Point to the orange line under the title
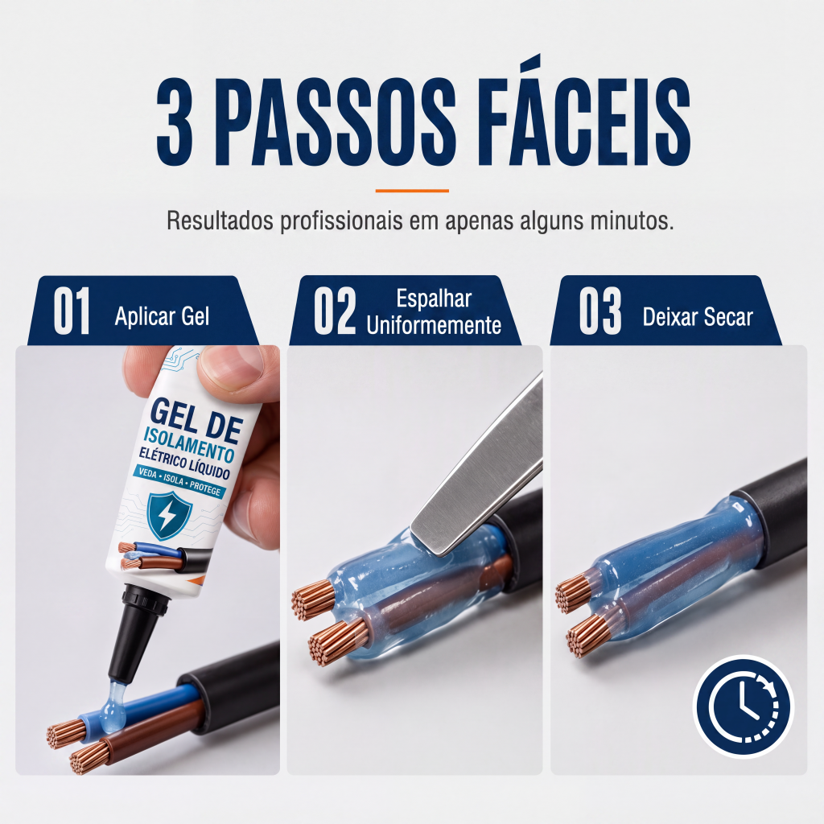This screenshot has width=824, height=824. pyautogui.click(x=412, y=191)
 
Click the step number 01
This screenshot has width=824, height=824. pyautogui.click(x=72, y=311)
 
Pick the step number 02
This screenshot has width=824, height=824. pyautogui.click(x=335, y=311)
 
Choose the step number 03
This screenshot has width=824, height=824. pyautogui.click(x=600, y=311)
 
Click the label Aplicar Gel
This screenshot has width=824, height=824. pyautogui.click(x=162, y=316)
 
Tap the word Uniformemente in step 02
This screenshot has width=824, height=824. pyautogui.click(x=434, y=325)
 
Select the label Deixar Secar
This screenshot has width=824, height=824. pyautogui.click(x=698, y=317)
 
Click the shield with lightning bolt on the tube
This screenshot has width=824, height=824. pyautogui.click(x=169, y=516)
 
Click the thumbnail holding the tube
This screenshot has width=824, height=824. pyautogui.click(x=231, y=369)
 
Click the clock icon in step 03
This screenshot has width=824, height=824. pyautogui.click(x=743, y=706)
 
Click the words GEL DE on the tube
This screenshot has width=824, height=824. pyautogui.click(x=196, y=420)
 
